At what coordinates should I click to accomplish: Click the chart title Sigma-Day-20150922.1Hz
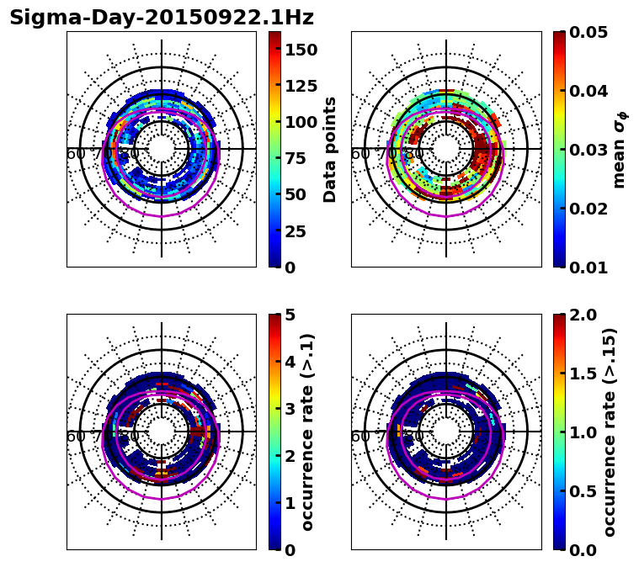click(x=162, y=18)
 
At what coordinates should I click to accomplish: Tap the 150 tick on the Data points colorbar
click(x=301, y=50)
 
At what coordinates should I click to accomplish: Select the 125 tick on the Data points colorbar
click(x=301, y=86)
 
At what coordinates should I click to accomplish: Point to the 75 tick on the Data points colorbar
click(x=301, y=158)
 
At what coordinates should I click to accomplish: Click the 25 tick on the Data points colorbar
click(x=301, y=231)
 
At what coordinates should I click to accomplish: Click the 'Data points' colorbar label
click(x=330, y=149)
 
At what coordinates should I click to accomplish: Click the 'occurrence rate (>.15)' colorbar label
click(x=610, y=432)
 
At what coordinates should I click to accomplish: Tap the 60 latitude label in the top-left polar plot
click(x=75, y=154)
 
